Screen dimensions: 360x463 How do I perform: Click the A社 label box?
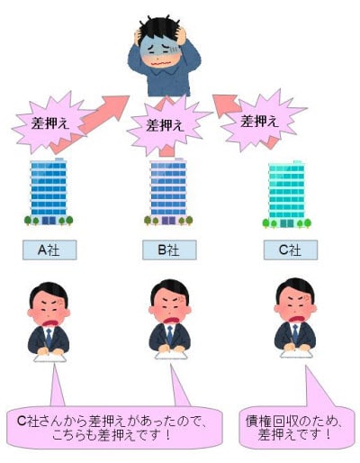(49, 250)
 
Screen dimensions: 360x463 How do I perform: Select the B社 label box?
(169, 250)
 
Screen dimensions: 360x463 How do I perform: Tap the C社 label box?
(291, 250)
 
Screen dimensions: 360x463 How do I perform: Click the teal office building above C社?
(287, 195)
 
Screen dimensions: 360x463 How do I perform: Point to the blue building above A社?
(49, 192)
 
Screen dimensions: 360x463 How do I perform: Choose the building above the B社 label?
(168, 192)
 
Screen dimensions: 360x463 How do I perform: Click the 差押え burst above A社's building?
(49, 123)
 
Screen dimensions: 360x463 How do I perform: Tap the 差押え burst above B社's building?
(166, 125)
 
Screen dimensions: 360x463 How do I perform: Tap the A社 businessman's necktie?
(49, 337)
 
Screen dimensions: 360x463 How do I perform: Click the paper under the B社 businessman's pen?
(171, 355)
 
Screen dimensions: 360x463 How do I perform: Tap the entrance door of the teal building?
(287, 223)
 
